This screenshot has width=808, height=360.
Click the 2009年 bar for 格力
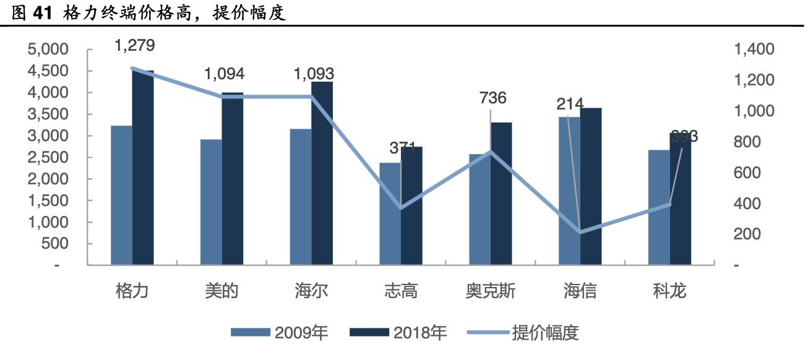pyautogui.click(x=121, y=195)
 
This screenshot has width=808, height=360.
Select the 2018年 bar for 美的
pyautogui.click(x=233, y=179)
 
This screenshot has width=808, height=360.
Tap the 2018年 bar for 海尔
pyautogui.click(x=322, y=173)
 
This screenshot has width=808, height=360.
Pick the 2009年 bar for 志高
pyautogui.click(x=390, y=214)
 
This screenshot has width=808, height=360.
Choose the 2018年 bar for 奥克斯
pyautogui.click(x=501, y=194)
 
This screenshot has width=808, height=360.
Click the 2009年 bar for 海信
pyautogui.click(x=569, y=191)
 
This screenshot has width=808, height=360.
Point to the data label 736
pyautogui.click(x=492, y=98)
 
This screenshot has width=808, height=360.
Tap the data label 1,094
pyautogui.click(x=224, y=74)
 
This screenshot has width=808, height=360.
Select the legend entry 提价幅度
pyautogui.click(x=545, y=333)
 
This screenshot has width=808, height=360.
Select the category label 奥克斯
pyautogui.click(x=491, y=291)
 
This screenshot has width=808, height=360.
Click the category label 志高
pyautogui.click(x=401, y=291)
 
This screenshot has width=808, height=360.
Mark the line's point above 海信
pyautogui.click(x=580, y=232)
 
